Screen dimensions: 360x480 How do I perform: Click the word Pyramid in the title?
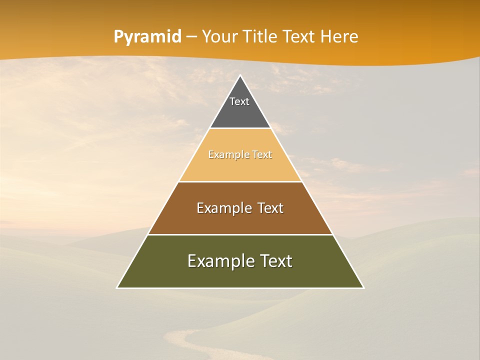point(147,37)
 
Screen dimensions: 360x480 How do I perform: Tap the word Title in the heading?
point(263,36)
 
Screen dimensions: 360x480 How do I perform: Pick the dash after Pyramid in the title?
point(191,37)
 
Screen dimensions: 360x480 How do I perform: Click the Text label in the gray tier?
point(239,101)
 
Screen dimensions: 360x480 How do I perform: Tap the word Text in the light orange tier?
point(262,155)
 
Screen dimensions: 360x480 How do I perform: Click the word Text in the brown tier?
point(270,208)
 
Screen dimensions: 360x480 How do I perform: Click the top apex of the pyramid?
point(240,76)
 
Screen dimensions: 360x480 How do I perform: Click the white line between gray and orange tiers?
point(240,128)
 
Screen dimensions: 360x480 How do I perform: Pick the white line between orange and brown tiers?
point(240,181)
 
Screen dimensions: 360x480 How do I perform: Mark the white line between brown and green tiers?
point(240,234)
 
